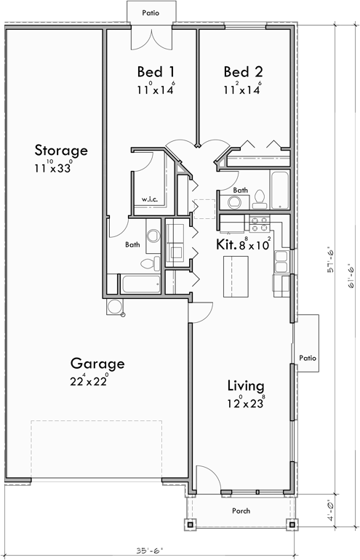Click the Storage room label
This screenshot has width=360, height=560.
tap(61, 151)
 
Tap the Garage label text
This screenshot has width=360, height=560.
tap(97, 364)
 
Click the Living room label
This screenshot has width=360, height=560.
tap(245, 385)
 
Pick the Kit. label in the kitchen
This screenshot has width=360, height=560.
tap(225, 245)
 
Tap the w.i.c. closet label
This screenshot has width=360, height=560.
tap(150, 199)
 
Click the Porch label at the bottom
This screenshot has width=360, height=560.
tap(241, 511)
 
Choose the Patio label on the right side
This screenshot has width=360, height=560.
tap(307, 358)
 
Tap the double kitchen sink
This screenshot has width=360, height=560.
tap(285, 258)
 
